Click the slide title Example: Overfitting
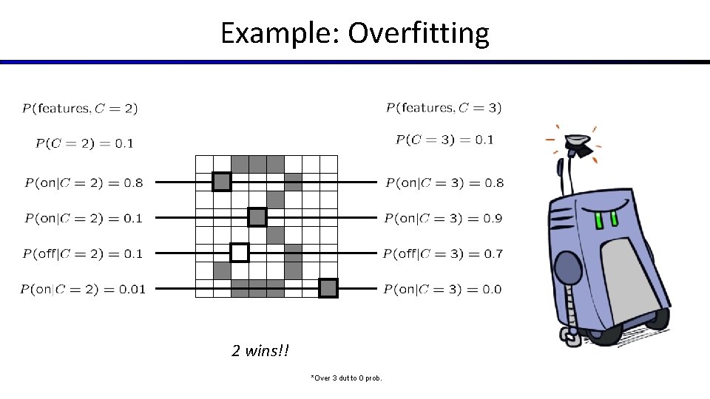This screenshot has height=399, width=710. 355,33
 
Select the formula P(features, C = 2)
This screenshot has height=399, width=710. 80,109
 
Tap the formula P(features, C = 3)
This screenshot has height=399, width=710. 444,108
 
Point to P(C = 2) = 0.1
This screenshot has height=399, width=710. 84,143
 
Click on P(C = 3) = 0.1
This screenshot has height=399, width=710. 444,140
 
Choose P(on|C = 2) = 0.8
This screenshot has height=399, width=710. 84,183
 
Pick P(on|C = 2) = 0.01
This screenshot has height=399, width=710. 83,289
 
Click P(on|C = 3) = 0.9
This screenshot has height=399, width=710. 444,218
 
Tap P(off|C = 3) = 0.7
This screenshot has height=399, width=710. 443,253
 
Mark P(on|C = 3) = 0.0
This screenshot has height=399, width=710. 443,289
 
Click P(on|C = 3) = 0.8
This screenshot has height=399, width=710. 444,183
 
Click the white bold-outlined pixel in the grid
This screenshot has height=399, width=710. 240,253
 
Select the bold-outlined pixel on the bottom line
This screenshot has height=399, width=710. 328,288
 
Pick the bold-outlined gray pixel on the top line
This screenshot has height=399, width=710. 222,182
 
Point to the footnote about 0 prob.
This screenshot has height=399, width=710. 347,378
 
